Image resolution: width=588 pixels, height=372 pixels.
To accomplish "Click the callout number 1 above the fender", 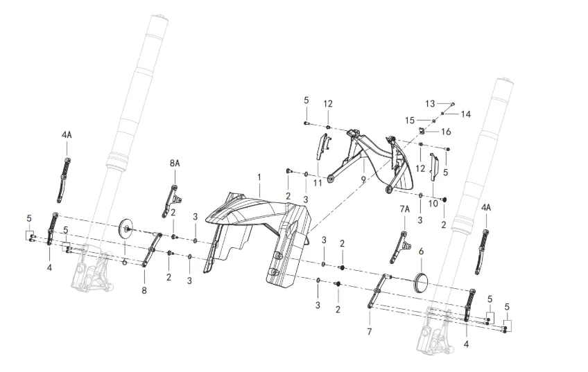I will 259,177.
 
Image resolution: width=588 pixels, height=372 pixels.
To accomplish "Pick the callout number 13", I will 429,103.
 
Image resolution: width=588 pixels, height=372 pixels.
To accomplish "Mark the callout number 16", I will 446,131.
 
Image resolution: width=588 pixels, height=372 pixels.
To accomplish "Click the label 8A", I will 174,163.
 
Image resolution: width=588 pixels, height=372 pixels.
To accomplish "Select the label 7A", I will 405,208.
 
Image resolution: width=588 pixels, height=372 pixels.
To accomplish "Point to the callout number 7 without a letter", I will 370,332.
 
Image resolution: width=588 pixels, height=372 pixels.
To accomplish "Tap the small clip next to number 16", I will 421,131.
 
